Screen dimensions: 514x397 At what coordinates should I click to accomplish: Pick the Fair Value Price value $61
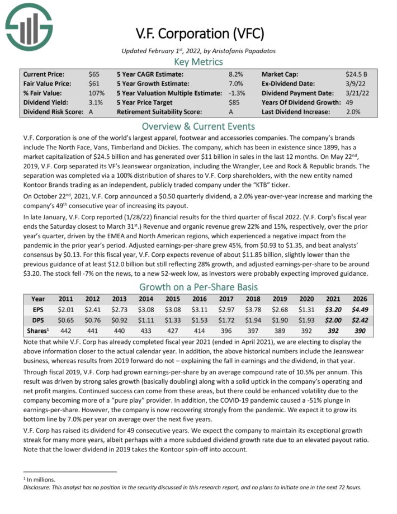[x=94, y=83]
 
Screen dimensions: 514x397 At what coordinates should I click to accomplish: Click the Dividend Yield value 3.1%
[x=96, y=102]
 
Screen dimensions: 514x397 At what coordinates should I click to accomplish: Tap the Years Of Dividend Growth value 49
[x=350, y=102]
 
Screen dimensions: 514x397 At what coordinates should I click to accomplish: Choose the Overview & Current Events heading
[x=198, y=126]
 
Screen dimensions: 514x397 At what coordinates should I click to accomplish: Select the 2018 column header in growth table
[x=253, y=299]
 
